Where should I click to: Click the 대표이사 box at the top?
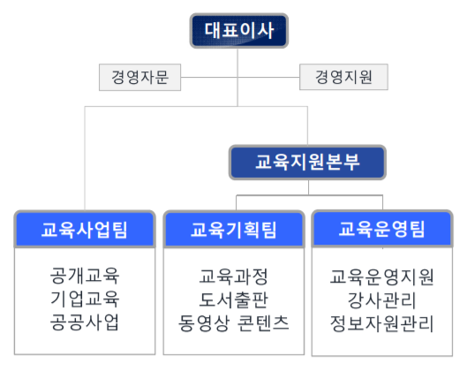[x=239, y=30]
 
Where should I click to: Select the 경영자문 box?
[x=139, y=77]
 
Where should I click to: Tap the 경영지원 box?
[x=343, y=77]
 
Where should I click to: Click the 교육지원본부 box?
[x=307, y=163]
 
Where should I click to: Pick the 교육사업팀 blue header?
[x=85, y=229]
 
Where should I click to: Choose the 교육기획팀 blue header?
[x=234, y=230]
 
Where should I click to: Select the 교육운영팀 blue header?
[x=382, y=229]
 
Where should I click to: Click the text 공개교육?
[x=85, y=276]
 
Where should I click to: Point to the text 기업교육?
[x=85, y=299]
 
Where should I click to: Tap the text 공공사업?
[x=85, y=322]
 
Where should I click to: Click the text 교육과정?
[x=233, y=276]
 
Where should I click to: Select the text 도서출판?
[x=233, y=299]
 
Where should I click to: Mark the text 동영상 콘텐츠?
[x=233, y=323]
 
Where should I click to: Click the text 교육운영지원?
[x=382, y=277]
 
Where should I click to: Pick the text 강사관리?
[x=382, y=300]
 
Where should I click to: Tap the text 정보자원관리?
[x=382, y=323]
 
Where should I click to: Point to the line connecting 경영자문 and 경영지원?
[x=240, y=77]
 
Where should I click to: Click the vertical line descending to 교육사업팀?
[x=85, y=158]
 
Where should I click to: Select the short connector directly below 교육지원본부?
[x=309, y=187]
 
